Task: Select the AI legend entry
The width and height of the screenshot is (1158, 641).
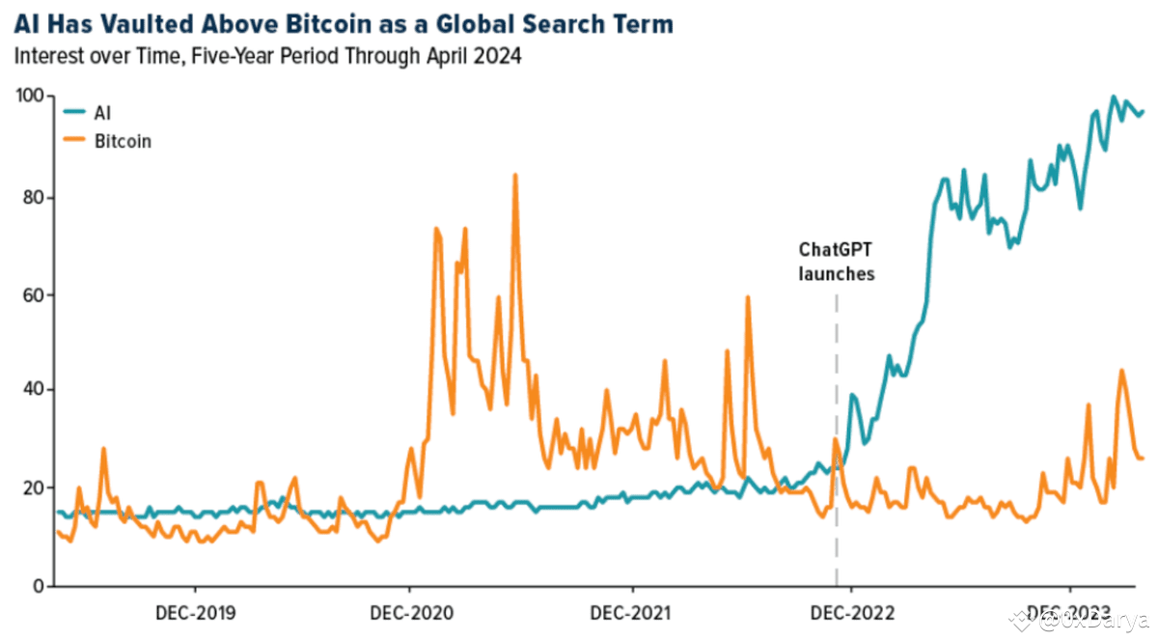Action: click(101, 113)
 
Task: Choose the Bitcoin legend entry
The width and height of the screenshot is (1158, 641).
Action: click(122, 141)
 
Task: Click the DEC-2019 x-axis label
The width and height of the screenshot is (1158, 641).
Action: click(196, 613)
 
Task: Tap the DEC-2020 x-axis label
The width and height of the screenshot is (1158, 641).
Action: click(409, 613)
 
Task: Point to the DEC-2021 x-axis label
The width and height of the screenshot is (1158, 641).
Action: click(632, 613)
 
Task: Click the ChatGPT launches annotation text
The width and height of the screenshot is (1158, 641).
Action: click(836, 261)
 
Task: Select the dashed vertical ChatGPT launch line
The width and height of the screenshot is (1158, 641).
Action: click(836, 386)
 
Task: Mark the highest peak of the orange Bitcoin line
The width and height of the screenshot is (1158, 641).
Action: click(515, 176)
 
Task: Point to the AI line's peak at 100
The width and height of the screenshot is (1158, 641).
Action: click(1114, 97)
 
